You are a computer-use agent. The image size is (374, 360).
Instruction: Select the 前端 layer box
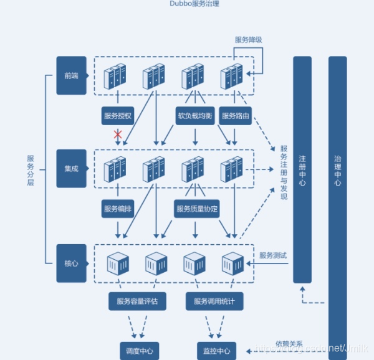71,76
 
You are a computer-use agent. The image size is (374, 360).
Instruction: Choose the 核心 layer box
71,263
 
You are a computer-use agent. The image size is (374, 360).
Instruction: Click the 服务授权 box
118,116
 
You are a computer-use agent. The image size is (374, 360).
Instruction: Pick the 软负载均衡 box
196,116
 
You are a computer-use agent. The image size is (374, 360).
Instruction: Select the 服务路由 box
235,116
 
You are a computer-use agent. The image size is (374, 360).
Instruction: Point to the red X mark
117,134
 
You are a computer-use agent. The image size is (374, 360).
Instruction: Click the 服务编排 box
118,209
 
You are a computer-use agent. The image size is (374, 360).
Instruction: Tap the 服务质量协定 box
197,209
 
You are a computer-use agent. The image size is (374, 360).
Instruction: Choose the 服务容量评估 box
137,301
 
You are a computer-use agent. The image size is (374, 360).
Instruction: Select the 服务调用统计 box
214,301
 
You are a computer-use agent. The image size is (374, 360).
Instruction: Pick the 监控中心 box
216,350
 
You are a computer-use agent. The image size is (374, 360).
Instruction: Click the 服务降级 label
248,40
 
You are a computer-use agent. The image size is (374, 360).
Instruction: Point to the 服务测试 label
273,255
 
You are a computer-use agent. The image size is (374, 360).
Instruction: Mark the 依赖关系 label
289,344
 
